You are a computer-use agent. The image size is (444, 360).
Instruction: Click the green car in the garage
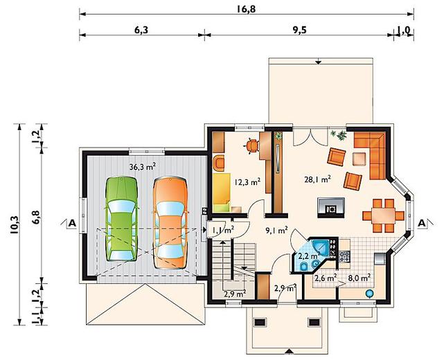point(121,219)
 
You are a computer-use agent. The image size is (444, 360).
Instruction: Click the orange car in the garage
point(170,223)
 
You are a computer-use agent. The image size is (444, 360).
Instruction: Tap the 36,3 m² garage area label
point(143,166)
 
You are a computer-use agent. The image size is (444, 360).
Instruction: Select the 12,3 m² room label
point(247,181)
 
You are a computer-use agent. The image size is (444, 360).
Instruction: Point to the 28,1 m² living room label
point(318,179)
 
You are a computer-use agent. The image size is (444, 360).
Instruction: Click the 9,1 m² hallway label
point(276,230)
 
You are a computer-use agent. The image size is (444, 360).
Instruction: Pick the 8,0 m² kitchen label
point(359,278)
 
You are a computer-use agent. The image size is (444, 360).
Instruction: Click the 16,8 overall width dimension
point(247,9)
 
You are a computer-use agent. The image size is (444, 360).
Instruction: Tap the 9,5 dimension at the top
point(300,30)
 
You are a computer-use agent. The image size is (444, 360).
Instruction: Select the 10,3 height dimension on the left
point(14,225)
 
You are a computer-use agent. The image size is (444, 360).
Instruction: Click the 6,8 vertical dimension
point(36,217)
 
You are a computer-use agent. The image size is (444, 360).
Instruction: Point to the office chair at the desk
point(251,145)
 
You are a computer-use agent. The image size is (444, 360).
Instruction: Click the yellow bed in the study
point(222,192)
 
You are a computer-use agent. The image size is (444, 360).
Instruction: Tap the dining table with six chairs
point(384,216)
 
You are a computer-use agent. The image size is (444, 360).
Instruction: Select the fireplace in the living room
point(331,208)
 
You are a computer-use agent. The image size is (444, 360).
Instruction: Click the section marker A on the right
point(422,223)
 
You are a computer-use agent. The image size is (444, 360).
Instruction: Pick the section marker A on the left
point(72,223)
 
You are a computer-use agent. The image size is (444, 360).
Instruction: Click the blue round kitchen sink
point(369,294)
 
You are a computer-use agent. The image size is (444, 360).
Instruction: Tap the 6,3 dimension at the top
point(141,30)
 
